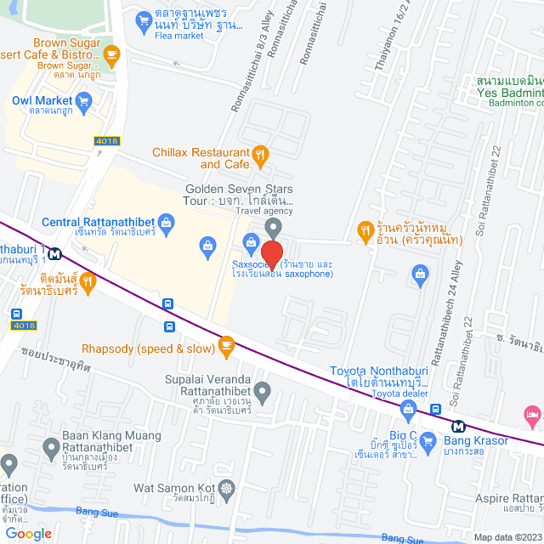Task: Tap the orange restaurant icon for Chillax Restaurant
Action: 261,156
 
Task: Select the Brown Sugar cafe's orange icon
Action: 111,54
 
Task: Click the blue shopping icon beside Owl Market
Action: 83,103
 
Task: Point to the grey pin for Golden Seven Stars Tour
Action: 273,226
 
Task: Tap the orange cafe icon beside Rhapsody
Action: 225,344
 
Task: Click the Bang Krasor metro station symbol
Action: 458,427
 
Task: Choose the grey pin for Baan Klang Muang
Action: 50,446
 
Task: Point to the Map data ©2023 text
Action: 507,537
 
